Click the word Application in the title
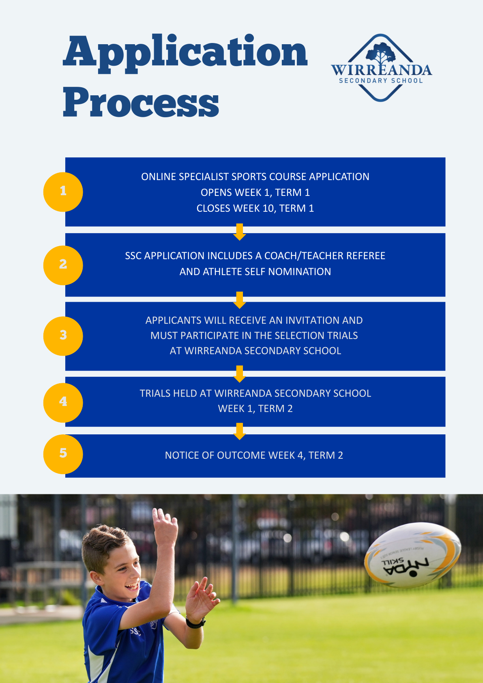pyautogui.click(x=185, y=52)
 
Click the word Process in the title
pyautogui.click(x=141, y=102)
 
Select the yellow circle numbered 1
pyautogui.click(x=63, y=191)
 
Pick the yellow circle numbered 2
pyautogui.click(x=63, y=265)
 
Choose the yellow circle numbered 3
pyautogui.click(x=63, y=336)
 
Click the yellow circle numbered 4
pyautogui.click(x=63, y=402)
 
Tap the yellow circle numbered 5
pyautogui.click(x=63, y=454)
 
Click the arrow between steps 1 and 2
pyautogui.click(x=240, y=232)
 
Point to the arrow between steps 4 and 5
pyautogui.click(x=240, y=431)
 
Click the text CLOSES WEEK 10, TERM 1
pyautogui.click(x=255, y=208)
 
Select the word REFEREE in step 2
pyautogui.click(x=365, y=256)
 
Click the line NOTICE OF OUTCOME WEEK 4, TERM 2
pyautogui.click(x=254, y=455)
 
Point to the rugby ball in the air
pyautogui.click(x=412, y=555)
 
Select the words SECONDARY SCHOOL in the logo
pyautogui.click(x=381, y=81)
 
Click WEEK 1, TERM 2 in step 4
pyautogui.click(x=255, y=409)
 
